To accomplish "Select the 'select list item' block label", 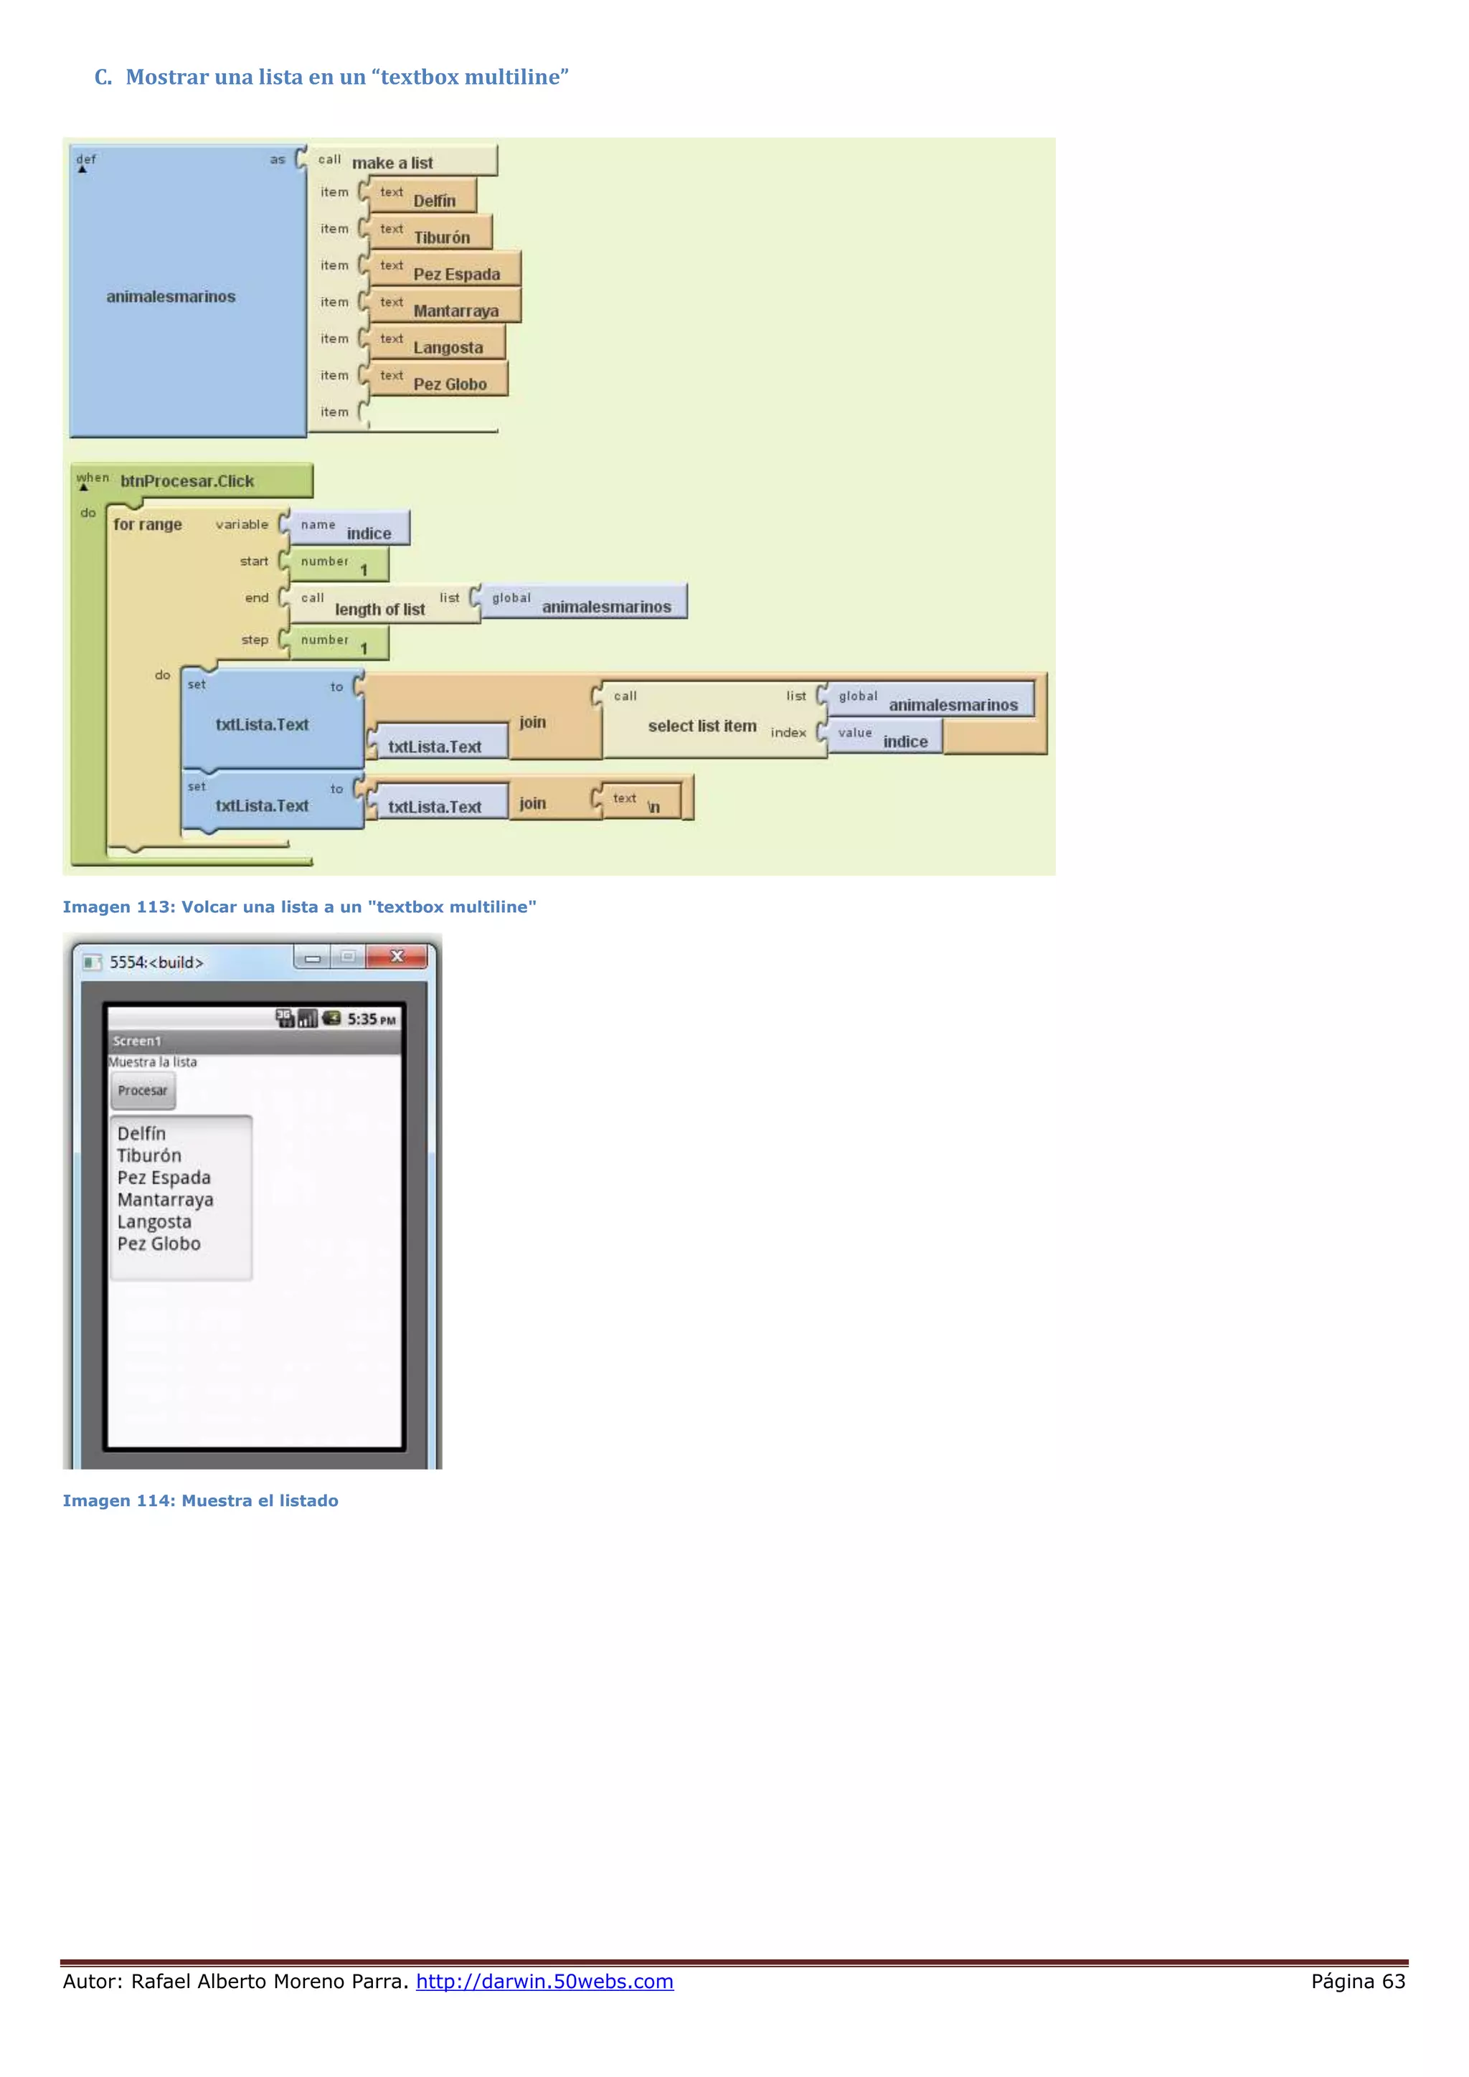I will pos(702,726).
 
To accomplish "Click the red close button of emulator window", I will pos(396,957).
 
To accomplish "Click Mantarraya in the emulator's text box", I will pos(166,1200).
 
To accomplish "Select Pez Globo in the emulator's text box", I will pos(159,1244).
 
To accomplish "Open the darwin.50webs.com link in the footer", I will pos(544,1981).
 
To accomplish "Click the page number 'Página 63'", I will pos(1358,1981).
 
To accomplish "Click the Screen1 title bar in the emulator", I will pos(254,1041).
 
